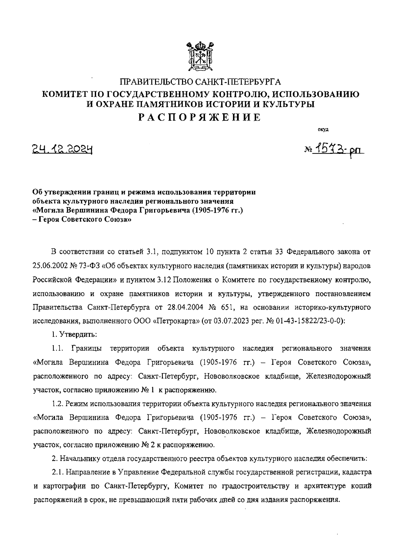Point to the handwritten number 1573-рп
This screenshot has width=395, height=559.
pos(336,151)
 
